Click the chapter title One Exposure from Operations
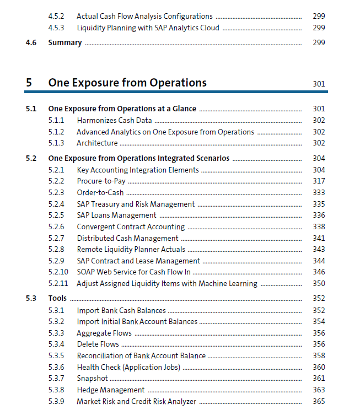127,83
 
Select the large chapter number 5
29,83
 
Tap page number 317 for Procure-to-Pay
319,181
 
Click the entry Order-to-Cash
100,193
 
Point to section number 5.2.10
58,272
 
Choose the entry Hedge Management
111,390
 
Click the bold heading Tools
57,298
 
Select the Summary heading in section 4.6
65,42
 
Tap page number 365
319,401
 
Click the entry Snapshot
93,379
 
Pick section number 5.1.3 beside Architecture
56,143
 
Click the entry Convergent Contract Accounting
131,226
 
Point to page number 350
319,283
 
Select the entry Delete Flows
98,344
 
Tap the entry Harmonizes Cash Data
114,120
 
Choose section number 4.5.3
56,28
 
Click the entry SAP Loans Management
116,215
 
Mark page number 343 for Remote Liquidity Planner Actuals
319,249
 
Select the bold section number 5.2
31,159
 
